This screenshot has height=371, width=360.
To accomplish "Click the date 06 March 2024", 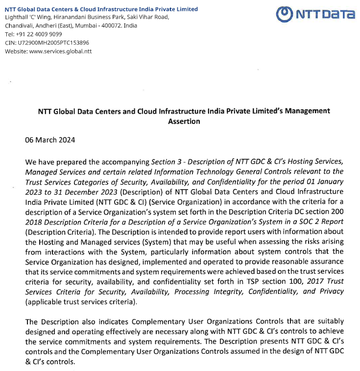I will tap(50, 140).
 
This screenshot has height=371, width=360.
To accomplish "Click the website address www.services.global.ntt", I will tap(60, 51).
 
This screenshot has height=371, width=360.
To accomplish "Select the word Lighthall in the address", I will tap(16, 17).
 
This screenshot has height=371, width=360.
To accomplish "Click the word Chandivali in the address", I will tap(18, 25).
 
